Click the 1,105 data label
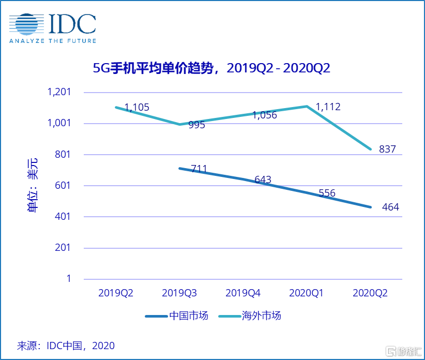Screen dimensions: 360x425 [137, 108]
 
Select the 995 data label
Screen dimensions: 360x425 [197, 125]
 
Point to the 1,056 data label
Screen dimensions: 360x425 [265, 115]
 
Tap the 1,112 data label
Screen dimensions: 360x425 [328, 107]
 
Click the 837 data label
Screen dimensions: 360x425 [387, 149]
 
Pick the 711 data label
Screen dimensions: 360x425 [199, 169]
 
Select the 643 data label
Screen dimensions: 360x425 [263, 180]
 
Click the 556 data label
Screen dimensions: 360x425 [327, 193]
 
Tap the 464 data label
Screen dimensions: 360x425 [391, 207]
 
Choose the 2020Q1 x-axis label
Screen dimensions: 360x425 [306, 293]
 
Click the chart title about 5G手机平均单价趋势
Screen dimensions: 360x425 [211, 68]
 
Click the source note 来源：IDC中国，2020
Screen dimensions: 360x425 [66, 345]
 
